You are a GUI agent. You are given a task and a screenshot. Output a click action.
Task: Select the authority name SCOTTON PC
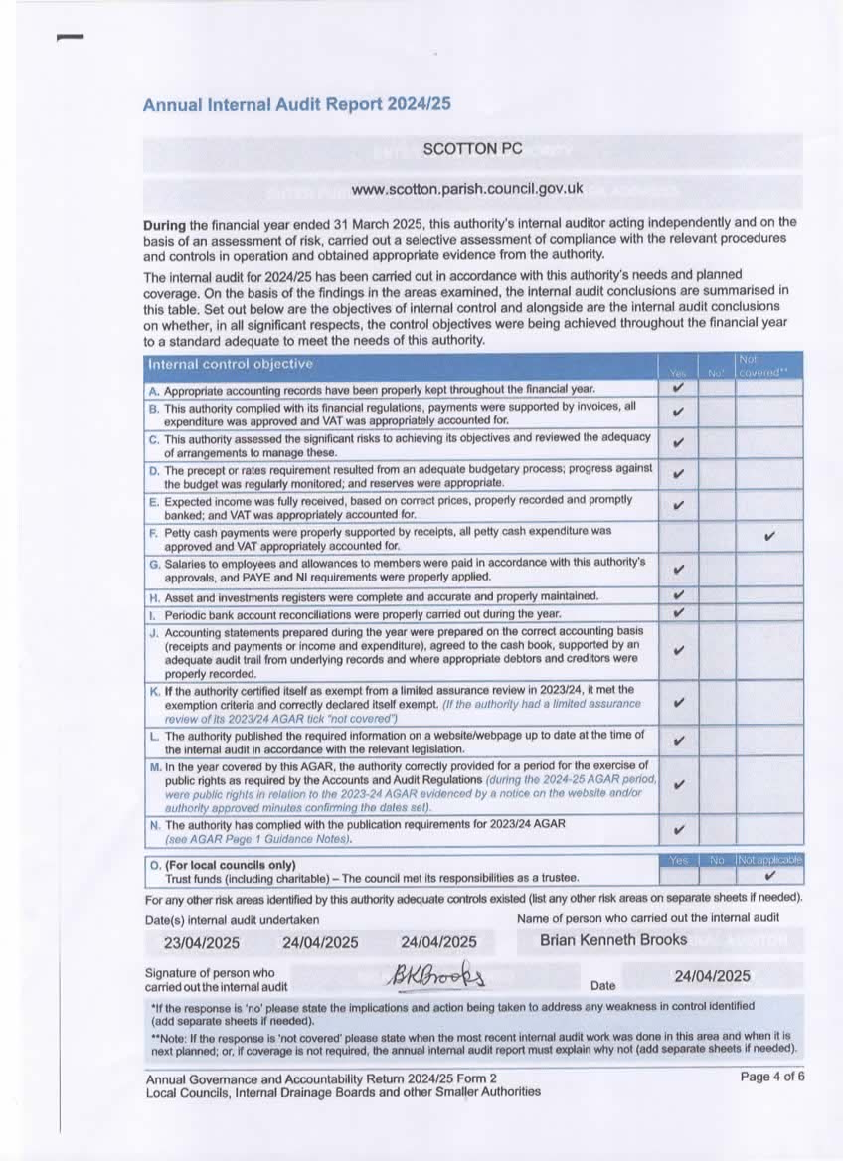pyautogui.click(x=472, y=149)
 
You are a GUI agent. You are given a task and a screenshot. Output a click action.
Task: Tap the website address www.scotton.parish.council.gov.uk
pyautogui.click(x=467, y=189)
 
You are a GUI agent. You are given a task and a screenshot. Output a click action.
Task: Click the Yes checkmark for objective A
pyautogui.click(x=678, y=388)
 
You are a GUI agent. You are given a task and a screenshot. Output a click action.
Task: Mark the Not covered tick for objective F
pyautogui.click(x=768, y=537)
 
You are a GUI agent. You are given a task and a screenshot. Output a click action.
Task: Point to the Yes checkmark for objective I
pyautogui.click(x=678, y=612)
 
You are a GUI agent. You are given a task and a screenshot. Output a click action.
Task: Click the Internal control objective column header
pyautogui.click(x=230, y=364)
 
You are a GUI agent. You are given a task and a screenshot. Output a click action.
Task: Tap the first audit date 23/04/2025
pyautogui.click(x=202, y=942)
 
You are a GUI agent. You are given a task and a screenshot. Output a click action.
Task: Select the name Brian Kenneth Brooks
pyautogui.click(x=613, y=939)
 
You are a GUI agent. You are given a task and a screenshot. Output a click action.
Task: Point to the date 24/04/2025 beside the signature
pyautogui.click(x=712, y=976)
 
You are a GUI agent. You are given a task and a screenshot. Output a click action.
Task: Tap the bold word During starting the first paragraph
pyautogui.click(x=164, y=223)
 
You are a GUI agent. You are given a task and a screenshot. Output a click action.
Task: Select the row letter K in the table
pyautogui.click(x=154, y=689)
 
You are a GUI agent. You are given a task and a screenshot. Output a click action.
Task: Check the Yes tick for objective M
pyautogui.click(x=678, y=784)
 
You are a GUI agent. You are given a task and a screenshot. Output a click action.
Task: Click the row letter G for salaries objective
pyautogui.click(x=154, y=563)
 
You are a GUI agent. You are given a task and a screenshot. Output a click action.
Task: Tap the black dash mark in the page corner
pyautogui.click(x=70, y=38)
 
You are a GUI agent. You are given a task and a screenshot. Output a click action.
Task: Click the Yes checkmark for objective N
pyautogui.click(x=678, y=829)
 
